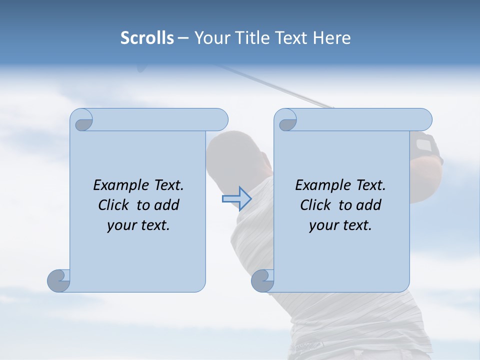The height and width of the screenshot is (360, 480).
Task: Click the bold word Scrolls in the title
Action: pyautogui.click(x=147, y=38)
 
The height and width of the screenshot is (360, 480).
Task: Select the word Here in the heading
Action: pyautogui.click(x=331, y=38)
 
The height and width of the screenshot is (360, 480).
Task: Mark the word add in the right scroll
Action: pyautogui.click(x=370, y=205)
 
